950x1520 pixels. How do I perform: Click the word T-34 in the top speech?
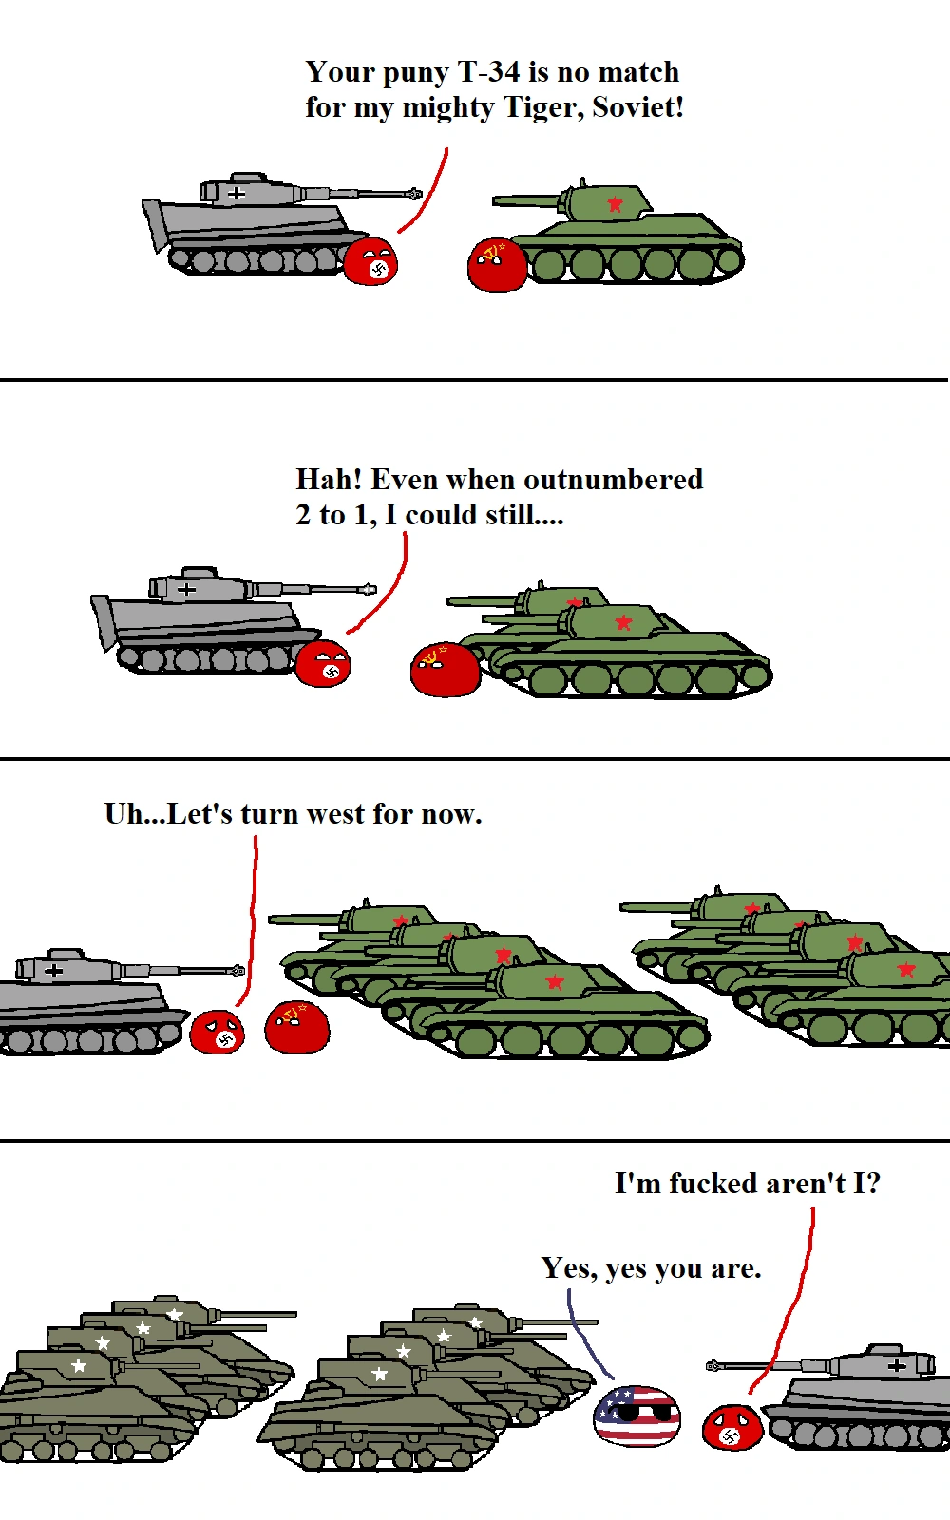pyautogui.click(x=488, y=72)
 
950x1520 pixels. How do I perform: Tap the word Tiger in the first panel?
pyautogui.click(x=542, y=108)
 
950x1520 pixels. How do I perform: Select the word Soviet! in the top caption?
pyautogui.click(x=637, y=106)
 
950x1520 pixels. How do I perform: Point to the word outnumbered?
pyautogui.click(x=614, y=480)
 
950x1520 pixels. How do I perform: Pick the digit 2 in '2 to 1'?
pyautogui.click(x=303, y=515)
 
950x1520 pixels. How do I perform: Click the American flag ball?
pyautogui.click(x=636, y=1416)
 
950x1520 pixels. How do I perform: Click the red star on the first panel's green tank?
pyautogui.click(x=615, y=203)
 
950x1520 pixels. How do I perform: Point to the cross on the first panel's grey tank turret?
pyautogui.click(x=237, y=194)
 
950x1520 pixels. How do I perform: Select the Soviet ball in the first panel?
pyautogui.click(x=497, y=265)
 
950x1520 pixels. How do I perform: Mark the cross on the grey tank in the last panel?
pyautogui.click(x=897, y=1365)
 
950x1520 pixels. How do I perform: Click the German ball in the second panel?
pyautogui.click(x=323, y=663)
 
